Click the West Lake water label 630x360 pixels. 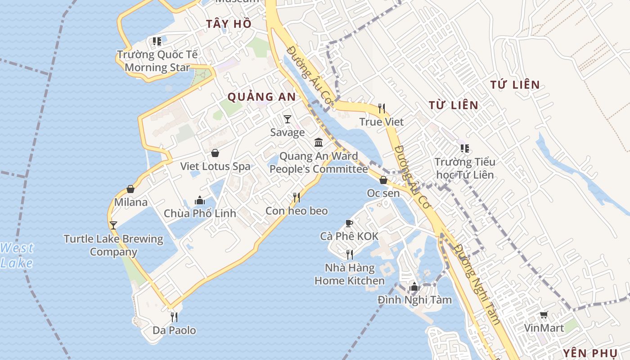click(17, 255)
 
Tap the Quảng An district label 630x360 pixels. click(261, 97)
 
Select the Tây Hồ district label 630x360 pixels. click(229, 24)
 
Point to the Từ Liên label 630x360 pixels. click(453, 105)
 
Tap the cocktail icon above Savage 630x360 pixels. click(288, 119)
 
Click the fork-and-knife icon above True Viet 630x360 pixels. click(382, 108)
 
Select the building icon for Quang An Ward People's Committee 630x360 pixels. click(319, 143)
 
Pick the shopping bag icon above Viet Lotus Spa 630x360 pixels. click(215, 153)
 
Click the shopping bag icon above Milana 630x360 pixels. click(130, 189)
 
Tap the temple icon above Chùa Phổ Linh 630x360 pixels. click(200, 200)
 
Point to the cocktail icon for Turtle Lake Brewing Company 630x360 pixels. click(113, 225)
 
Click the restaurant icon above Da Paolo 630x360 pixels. click(174, 317)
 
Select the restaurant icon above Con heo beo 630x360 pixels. click(296, 198)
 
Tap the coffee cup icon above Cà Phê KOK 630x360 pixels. click(349, 223)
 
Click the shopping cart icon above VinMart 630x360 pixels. click(544, 315)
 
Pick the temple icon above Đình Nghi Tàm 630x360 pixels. click(414, 287)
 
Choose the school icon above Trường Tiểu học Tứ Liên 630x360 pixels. click(464, 148)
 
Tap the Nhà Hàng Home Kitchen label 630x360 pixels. click(350, 274)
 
